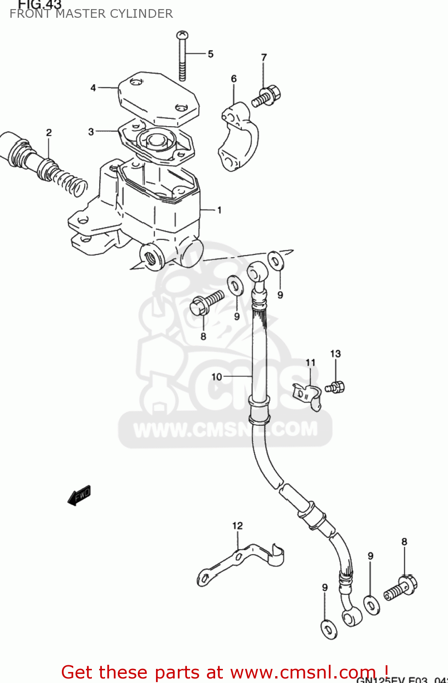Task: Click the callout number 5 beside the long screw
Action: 210,54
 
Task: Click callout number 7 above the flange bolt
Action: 264,57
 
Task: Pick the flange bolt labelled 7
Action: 267,96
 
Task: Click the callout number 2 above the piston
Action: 49,133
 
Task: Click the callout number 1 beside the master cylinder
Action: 219,210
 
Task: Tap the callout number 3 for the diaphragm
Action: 91,132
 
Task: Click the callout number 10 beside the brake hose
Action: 216,377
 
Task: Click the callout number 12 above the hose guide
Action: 237,526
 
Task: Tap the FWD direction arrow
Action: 80,495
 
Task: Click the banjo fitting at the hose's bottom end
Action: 351,618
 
